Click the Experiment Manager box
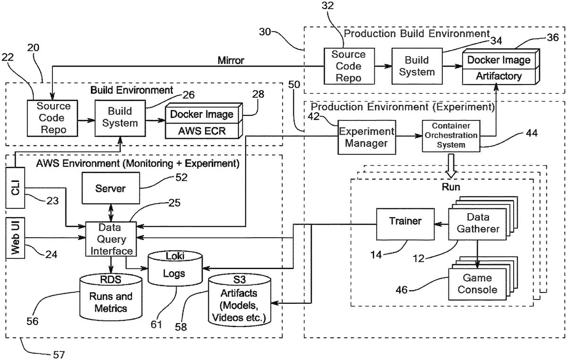[x=366, y=137]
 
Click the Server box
[x=110, y=189]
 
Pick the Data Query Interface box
[x=110, y=239]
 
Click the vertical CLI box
[x=15, y=187]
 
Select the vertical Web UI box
[x=15, y=238]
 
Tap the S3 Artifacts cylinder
[x=241, y=301]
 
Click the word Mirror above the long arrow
[x=231, y=60]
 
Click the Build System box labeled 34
[x=417, y=66]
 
